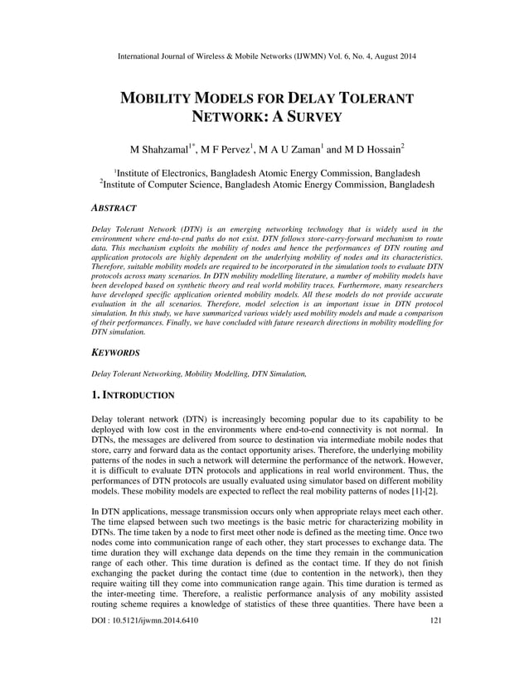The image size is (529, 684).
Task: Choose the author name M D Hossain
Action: click(x=370, y=150)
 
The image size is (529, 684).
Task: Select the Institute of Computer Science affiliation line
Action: click(x=264, y=185)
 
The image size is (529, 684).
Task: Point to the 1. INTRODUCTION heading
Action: click(x=133, y=396)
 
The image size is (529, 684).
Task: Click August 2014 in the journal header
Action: click(x=393, y=56)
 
